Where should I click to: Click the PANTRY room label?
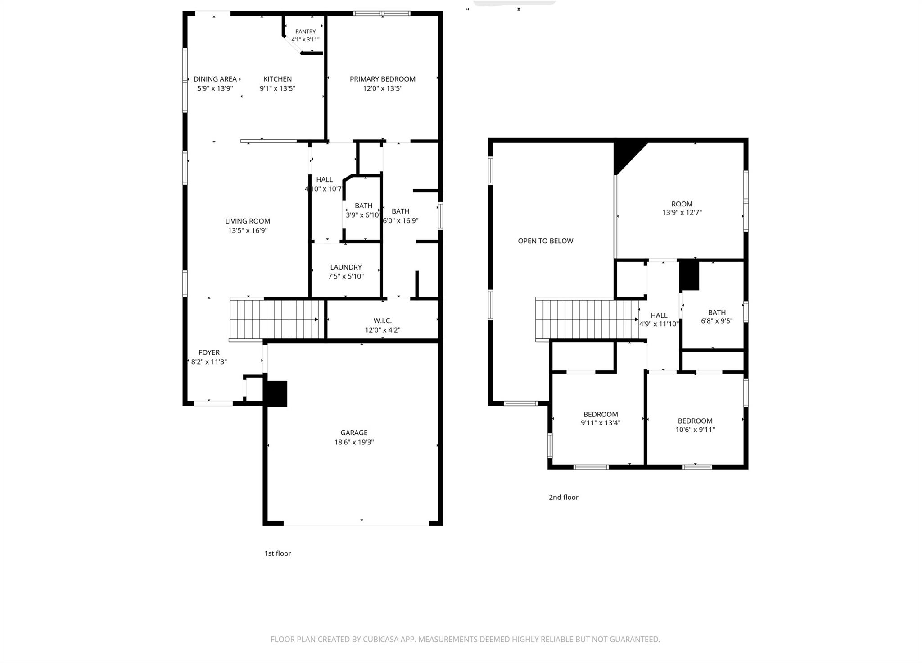[305, 32]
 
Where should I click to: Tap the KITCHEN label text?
[277, 79]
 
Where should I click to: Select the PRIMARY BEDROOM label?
[382, 79]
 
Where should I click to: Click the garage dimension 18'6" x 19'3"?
[354, 442]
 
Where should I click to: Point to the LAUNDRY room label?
[346, 267]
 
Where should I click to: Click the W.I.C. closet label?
[382, 320]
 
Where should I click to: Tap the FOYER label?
[209, 352]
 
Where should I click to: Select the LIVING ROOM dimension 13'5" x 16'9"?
[248, 230]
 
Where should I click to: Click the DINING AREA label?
[215, 79]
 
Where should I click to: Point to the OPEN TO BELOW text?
[545, 241]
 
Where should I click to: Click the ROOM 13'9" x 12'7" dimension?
[682, 212]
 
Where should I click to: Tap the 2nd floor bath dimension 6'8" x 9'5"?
[717, 321]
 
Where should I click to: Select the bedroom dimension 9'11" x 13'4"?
[601, 423]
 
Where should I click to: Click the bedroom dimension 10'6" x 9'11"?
[695, 430]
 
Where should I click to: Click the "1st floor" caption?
[277, 553]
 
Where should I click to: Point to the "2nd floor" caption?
[563, 497]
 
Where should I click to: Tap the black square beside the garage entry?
[276, 394]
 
